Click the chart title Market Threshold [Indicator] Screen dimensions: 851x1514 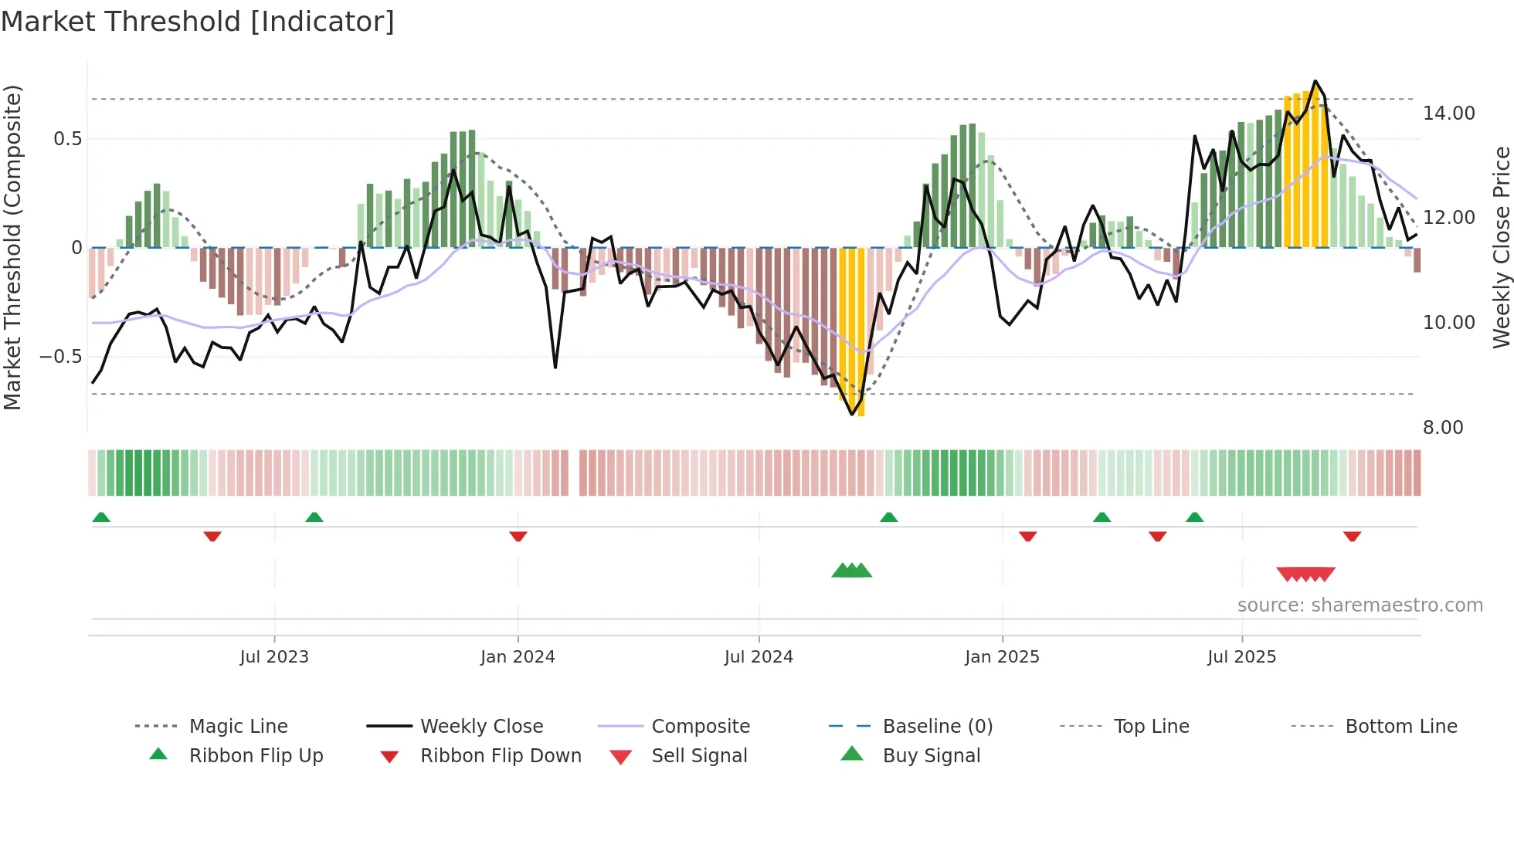(198, 22)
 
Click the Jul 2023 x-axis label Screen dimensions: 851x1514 (274, 656)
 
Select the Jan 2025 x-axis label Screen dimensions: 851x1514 (1002, 656)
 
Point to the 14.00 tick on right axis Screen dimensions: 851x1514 (1448, 114)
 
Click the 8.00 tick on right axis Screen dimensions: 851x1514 (1442, 427)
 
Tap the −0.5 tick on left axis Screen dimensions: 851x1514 (61, 356)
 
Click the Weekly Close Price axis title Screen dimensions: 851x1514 (1501, 247)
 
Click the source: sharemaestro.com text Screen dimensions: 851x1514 (1360, 605)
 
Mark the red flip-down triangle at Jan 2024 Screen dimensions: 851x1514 (518, 536)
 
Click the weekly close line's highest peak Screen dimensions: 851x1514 (1315, 81)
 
